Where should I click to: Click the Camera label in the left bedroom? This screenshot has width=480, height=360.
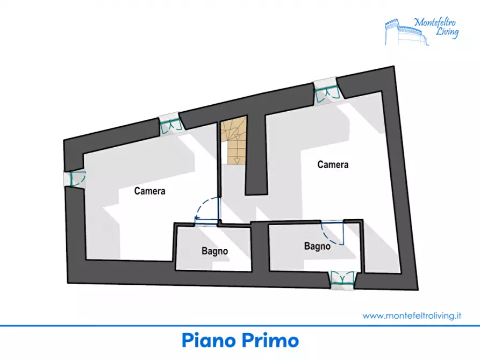pyautogui.click(x=149, y=191)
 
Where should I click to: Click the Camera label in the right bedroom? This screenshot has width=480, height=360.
pyautogui.click(x=333, y=165)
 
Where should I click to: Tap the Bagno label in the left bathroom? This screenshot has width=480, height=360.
pyautogui.click(x=214, y=251)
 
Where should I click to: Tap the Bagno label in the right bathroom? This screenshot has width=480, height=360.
pyautogui.click(x=317, y=246)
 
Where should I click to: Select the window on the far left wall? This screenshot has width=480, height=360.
pyautogui.click(x=74, y=179)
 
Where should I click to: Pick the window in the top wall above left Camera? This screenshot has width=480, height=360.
pyautogui.click(x=171, y=125)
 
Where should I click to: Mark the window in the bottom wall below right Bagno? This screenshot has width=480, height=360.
pyautogui.click(x=342, y=280)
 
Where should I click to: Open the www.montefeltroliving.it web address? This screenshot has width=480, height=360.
pyautogui.click(x=412, y=315)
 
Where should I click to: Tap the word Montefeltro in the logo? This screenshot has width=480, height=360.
pyautogui.click(x=435, y=23)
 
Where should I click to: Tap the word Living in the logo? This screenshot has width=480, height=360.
pyautogui.click(x=447, y=32)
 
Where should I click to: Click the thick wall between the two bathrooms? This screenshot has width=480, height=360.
pyautogui.click(x=260, y=247)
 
